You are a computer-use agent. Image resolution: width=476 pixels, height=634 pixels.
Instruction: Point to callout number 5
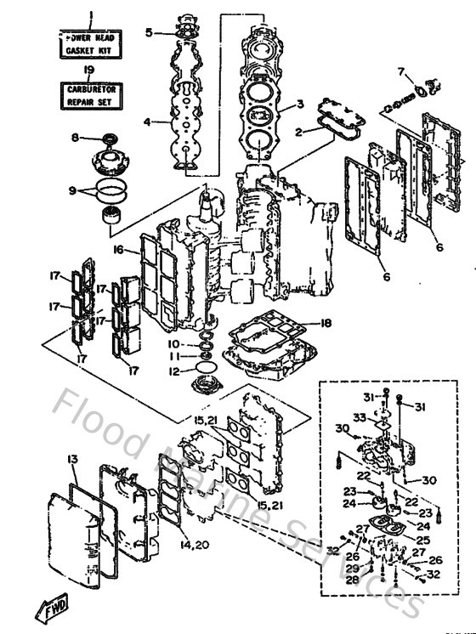(149, 32)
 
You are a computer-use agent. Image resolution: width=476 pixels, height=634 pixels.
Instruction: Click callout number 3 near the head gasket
(299, 105)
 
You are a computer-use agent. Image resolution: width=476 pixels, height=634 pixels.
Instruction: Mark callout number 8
(75, 138)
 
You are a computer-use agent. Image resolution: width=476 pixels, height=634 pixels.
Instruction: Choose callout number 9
(74, 190)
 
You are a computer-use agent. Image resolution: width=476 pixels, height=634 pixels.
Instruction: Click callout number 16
(118, 249)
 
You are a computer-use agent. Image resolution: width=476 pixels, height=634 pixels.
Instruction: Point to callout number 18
(326, 323)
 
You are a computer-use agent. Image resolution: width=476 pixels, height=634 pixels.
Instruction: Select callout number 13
(74, 460)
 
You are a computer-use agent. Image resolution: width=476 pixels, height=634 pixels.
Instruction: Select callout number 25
(422, 540)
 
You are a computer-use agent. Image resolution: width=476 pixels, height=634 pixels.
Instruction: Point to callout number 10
(174, 343)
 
